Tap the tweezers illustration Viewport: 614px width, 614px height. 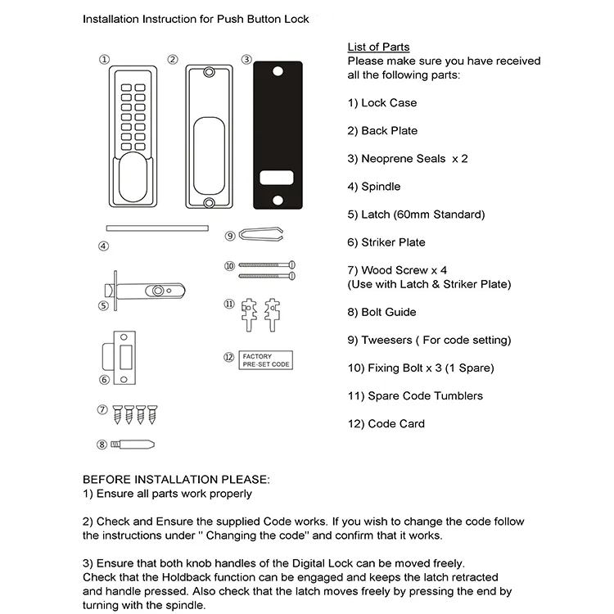click(258, 235)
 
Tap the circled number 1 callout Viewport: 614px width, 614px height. click(104, 60)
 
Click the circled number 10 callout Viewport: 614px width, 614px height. click(230, 266)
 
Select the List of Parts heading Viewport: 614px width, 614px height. click(378, 47)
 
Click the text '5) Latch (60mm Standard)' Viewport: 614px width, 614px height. click(416, 214)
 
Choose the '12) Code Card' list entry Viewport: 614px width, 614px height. click(386, 424)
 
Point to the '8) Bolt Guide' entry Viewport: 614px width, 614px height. click(381, 312)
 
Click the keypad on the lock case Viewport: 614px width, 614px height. click(131, 115)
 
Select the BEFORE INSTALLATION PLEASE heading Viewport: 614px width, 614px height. click(175, 479)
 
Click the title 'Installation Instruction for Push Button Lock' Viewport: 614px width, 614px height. click(196, 18)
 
